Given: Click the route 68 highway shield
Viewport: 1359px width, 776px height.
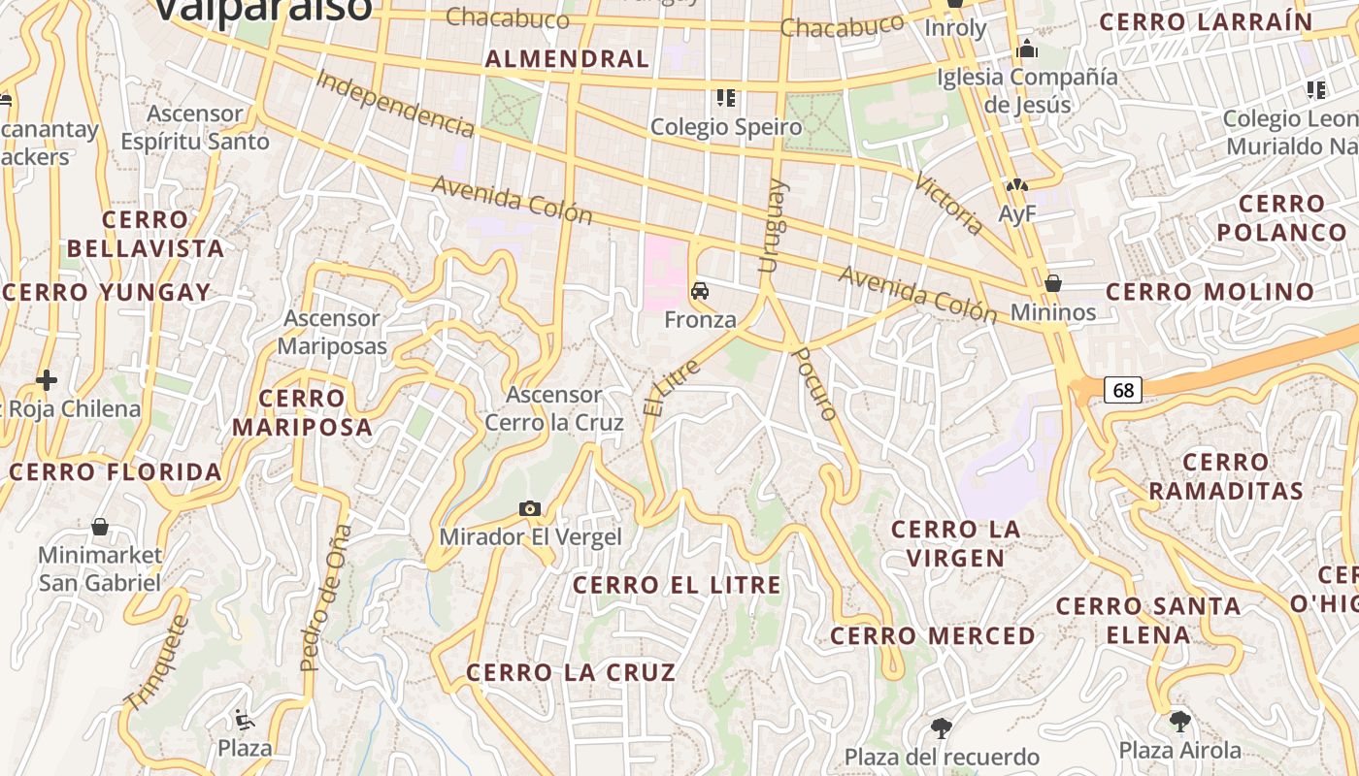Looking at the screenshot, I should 1123,390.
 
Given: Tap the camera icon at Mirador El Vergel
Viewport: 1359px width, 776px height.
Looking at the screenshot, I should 529,508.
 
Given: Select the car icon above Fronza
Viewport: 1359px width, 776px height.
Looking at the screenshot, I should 699,290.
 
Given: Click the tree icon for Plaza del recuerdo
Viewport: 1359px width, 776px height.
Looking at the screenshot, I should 940,727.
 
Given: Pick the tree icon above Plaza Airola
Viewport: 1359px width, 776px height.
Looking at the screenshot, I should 1179,721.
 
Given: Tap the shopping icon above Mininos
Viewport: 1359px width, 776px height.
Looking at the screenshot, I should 1052,283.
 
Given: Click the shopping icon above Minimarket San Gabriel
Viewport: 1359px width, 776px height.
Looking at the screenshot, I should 99,527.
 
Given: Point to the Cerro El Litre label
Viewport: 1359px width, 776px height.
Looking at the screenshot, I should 677,585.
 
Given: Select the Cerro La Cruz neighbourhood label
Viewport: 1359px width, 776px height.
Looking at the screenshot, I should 571,672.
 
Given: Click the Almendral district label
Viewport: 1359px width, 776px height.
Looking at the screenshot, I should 567,59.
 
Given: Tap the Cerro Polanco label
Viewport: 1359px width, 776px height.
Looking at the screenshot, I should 1281,218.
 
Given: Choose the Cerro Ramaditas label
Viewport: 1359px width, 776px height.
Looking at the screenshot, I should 1225,476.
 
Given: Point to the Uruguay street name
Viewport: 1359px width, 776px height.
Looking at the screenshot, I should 774,225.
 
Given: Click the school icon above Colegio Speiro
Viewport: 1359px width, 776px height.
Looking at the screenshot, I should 724,97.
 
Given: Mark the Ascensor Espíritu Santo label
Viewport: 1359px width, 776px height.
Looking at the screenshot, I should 195,127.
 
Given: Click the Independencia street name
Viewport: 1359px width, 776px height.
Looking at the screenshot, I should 395,103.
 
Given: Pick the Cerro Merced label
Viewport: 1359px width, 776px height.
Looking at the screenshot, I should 933,636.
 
